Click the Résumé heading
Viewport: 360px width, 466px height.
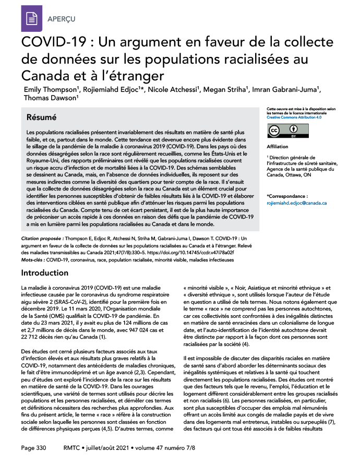pyautogui.click(x=43, y=117)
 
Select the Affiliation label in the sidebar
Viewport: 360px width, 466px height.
pyautogui.click(x=277, y=147)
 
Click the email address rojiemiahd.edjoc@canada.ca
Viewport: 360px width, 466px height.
pyautogui.click(x=296, y=202)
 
